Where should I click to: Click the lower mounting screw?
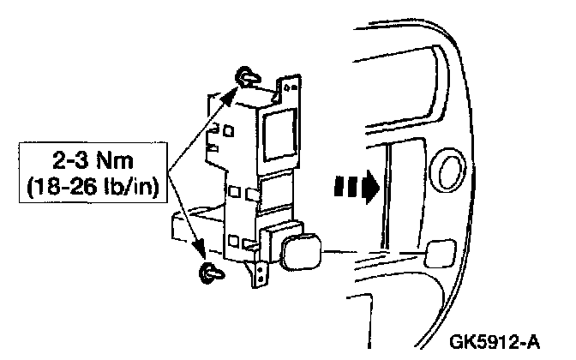point(208,273)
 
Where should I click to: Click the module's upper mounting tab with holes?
point(288,86)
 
